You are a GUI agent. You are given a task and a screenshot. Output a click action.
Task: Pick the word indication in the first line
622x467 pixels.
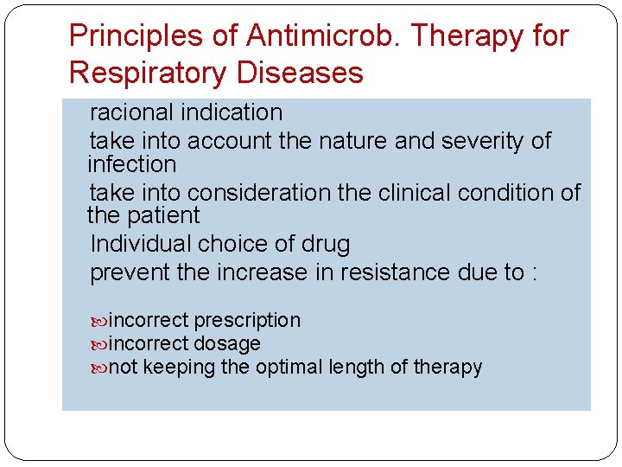(x=233, y=112)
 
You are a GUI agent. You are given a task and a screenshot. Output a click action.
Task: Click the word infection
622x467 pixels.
(x=131, y=164)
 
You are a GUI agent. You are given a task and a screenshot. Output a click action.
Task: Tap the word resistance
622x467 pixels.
(x=394, y=273)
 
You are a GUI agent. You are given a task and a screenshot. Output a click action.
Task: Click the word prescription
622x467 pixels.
(x=247, y=321)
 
